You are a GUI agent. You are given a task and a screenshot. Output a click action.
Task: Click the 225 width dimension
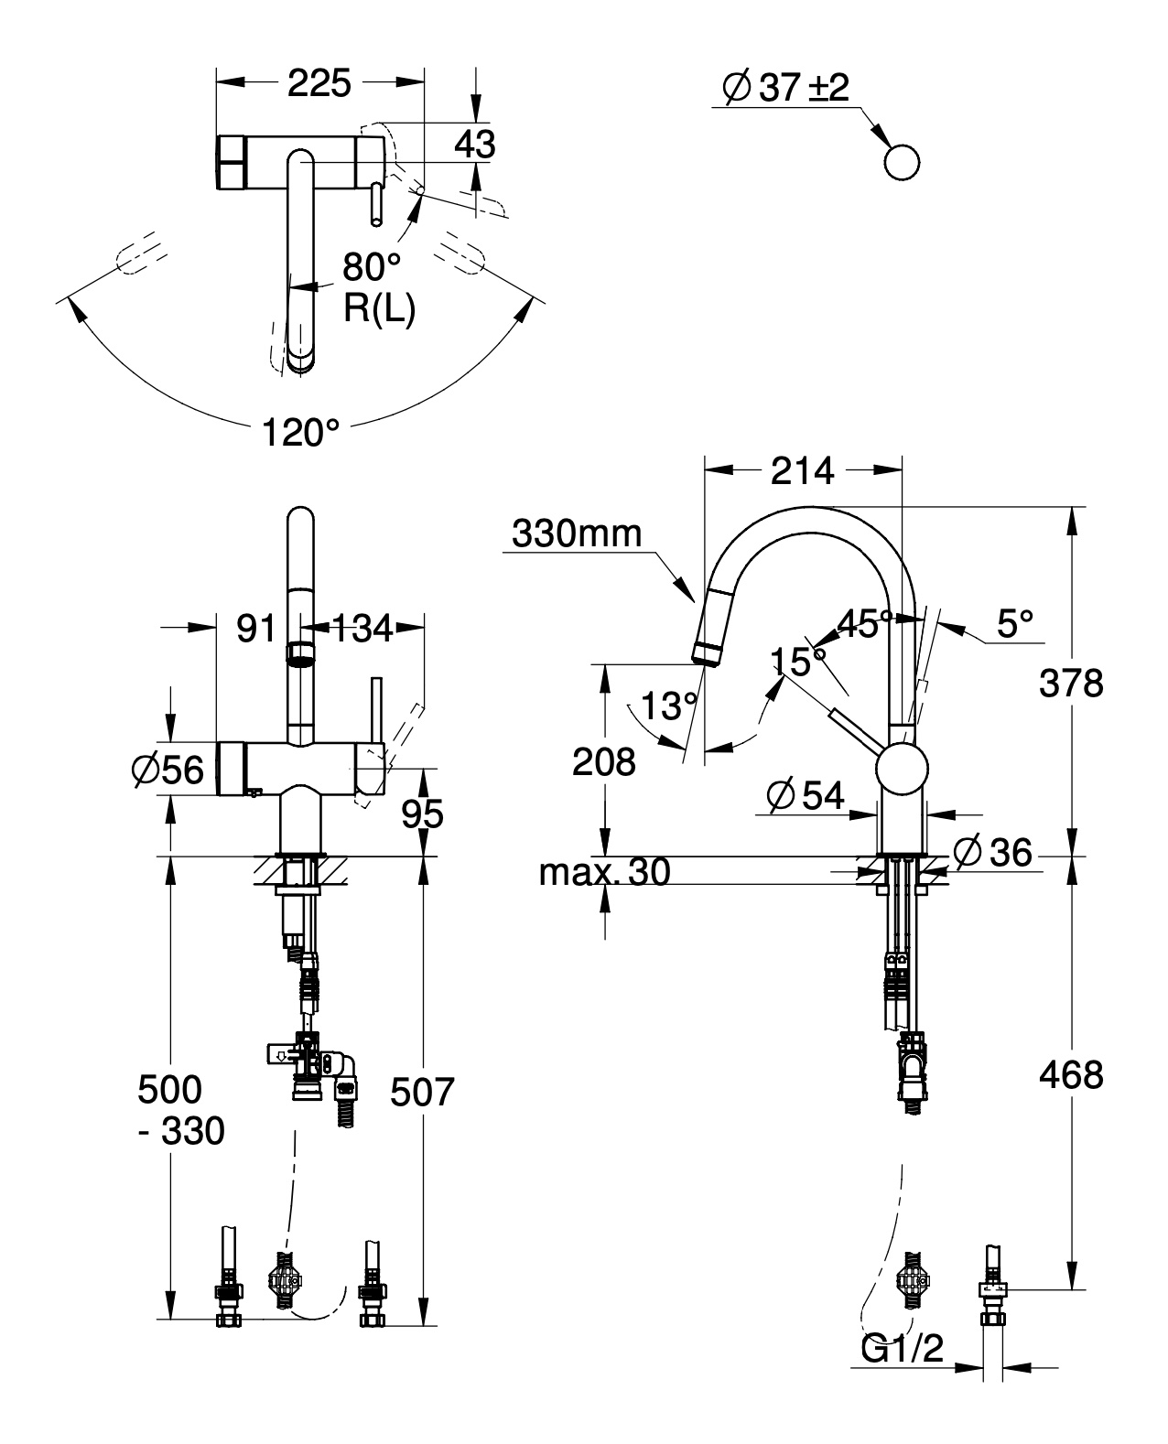[319, 84]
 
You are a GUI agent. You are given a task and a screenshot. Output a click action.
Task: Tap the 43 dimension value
[474, 145]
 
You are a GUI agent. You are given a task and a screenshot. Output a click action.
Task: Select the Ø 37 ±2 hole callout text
[785, 88]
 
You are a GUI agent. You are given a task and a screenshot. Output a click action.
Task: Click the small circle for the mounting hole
[902, 163]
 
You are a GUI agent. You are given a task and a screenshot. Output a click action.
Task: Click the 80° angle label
[372, 267]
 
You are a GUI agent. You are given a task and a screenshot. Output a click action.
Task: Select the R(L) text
[379, 309]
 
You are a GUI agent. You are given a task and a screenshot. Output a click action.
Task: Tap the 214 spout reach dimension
[802, 470]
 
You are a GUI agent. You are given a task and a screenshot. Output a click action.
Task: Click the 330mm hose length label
[578, 533]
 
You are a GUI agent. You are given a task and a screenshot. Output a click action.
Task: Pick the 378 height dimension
[1071, 683]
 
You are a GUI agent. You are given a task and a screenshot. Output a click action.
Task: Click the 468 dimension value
[1071, 1074]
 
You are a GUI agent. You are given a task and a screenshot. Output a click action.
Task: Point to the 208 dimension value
[603, 761]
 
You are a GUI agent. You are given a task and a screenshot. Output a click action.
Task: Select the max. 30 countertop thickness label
[604, 872]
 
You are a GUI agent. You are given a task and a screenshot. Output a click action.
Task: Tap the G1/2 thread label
[902, 1348]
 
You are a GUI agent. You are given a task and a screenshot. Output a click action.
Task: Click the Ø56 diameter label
[168, 770]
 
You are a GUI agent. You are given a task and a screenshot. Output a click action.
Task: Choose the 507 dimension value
[422, 1092]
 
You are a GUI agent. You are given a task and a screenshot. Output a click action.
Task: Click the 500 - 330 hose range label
[180, 1110]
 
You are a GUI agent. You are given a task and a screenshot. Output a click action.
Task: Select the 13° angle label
[668, 706]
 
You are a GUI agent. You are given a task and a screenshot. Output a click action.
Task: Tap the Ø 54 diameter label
[806, 795]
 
